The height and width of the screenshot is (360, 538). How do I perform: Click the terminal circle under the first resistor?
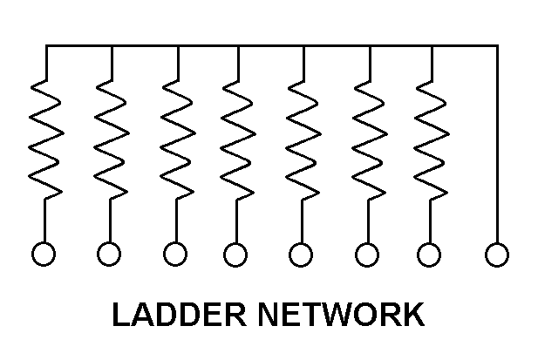[44, 254]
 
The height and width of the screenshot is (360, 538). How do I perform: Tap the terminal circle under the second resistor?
[109, 254]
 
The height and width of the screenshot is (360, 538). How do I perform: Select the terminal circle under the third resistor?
[175, 254]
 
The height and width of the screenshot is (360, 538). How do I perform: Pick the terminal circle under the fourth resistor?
[235, 255]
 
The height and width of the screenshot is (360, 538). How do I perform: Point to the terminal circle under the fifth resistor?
[301, 255]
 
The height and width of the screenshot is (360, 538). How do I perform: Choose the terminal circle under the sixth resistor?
[367, 255]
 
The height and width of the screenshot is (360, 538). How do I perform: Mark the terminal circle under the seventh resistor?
[429, 255]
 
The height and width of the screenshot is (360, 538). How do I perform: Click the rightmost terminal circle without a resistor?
[497, 255]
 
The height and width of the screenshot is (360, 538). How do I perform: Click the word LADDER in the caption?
[180, 315]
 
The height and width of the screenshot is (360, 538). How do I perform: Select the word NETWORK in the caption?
[342, 315]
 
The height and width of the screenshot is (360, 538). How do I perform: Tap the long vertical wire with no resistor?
[498, 144]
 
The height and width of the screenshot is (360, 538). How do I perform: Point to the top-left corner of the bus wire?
[46, 45]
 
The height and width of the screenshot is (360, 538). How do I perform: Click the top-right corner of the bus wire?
[498, 45]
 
